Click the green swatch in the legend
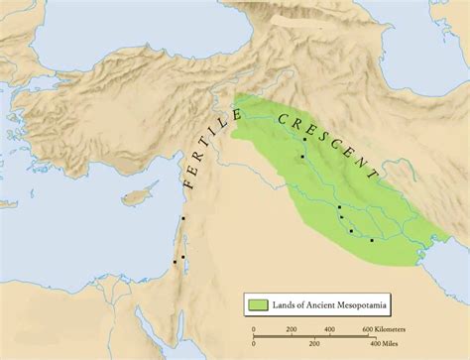(259, 302)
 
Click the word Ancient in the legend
(334, 302)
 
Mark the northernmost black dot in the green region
(304, 140)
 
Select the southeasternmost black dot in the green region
(372, 240)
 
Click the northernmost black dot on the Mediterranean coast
(184, 218)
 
